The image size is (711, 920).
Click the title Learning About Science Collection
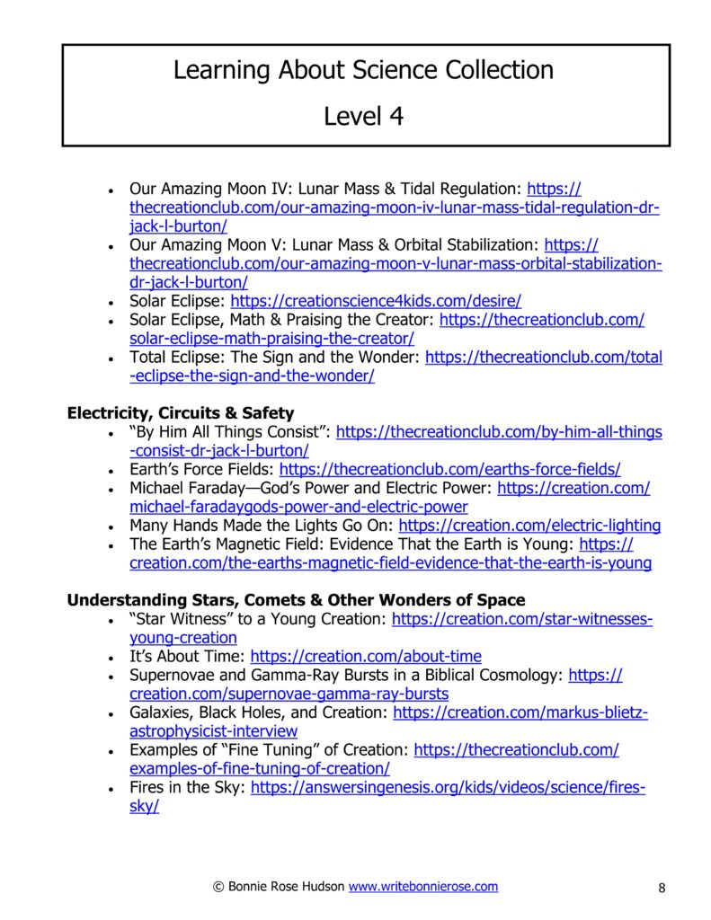(x=363, y=70)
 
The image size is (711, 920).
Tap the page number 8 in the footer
(x=662, y=889)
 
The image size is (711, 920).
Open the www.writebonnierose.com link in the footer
(x=422, y=887)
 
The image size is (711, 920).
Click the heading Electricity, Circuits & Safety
(x=180, y=413)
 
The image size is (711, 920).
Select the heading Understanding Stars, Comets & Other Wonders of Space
(x=296, y=600)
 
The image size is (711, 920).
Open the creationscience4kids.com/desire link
(x=376, y=301)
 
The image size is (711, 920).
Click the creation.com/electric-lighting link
(x=529, y=526)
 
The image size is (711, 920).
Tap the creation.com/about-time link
(x=365, y=657)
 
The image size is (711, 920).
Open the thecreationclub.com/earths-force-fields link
(x=449, y=470)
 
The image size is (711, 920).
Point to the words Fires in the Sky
(x=187, y=788)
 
